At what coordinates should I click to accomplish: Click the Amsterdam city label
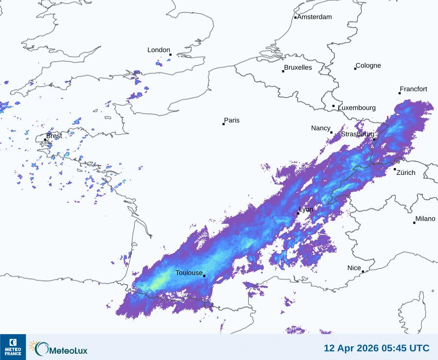(x=314, y=17)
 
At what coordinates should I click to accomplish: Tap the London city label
(x=159, y=50)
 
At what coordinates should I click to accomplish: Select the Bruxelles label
(x=298, y=67)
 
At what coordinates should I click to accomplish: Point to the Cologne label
(x=368, y=66)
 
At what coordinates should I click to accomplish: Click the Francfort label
(x=414, y=89)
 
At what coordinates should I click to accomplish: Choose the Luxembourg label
(x=357, y=108)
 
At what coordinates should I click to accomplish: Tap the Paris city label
(x=232, y=120)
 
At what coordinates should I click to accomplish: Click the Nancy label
(x=321, y=128)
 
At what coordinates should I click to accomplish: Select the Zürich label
(x=406, y=172)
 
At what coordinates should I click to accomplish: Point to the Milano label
(x=425, y=219)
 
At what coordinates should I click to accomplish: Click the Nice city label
(x=354, y=268)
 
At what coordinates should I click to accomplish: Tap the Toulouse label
(x=189, y=273)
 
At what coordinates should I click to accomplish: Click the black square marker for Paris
(x=223, y=124)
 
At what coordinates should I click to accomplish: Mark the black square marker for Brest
(x=45, y=140)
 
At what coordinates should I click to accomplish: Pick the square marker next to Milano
(x=414, y=223)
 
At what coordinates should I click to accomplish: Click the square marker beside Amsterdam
(x=295, y=18)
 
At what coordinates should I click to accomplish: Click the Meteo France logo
(x=13, y=347)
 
